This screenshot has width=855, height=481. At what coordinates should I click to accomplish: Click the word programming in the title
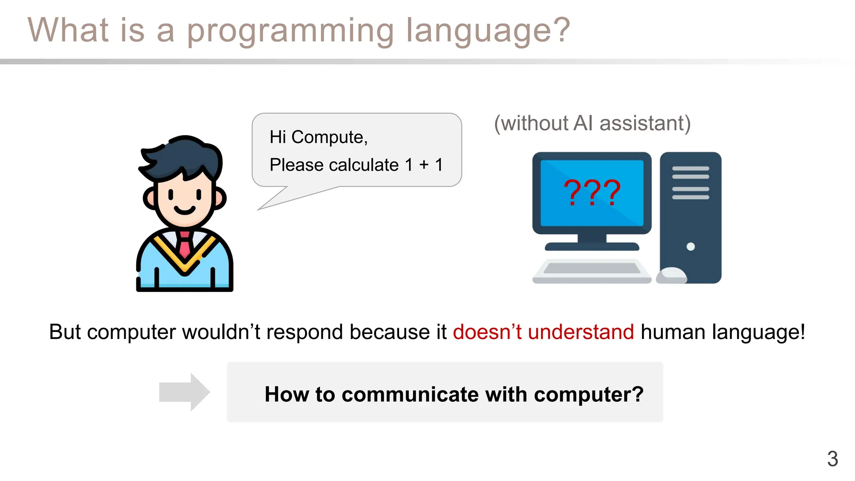click(x=290, y=31)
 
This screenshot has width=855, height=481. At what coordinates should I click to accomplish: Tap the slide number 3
click(x=832, y=459)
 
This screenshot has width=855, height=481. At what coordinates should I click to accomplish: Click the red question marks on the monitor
click(x=592, y=192)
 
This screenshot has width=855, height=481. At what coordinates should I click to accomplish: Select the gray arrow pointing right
click(x=184, y=392)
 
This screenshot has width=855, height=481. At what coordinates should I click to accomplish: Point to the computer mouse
click(x=671, y=275)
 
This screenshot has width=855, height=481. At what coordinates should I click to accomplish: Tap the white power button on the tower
click(x=691, y=246)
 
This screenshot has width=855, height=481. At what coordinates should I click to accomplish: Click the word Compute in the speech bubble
click(x=329, y=137)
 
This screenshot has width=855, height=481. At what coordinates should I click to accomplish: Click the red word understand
click(x=581, y=332)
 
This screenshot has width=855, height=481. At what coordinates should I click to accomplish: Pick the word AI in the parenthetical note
click(x=583, y=124)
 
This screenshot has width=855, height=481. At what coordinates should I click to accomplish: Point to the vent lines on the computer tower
click(x=691, y=183)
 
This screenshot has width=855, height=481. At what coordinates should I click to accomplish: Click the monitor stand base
click(x=592, y=246)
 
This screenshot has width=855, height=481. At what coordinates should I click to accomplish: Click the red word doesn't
click(x=487, y=332)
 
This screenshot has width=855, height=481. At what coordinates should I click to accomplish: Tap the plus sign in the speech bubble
click(x=424, y=165)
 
